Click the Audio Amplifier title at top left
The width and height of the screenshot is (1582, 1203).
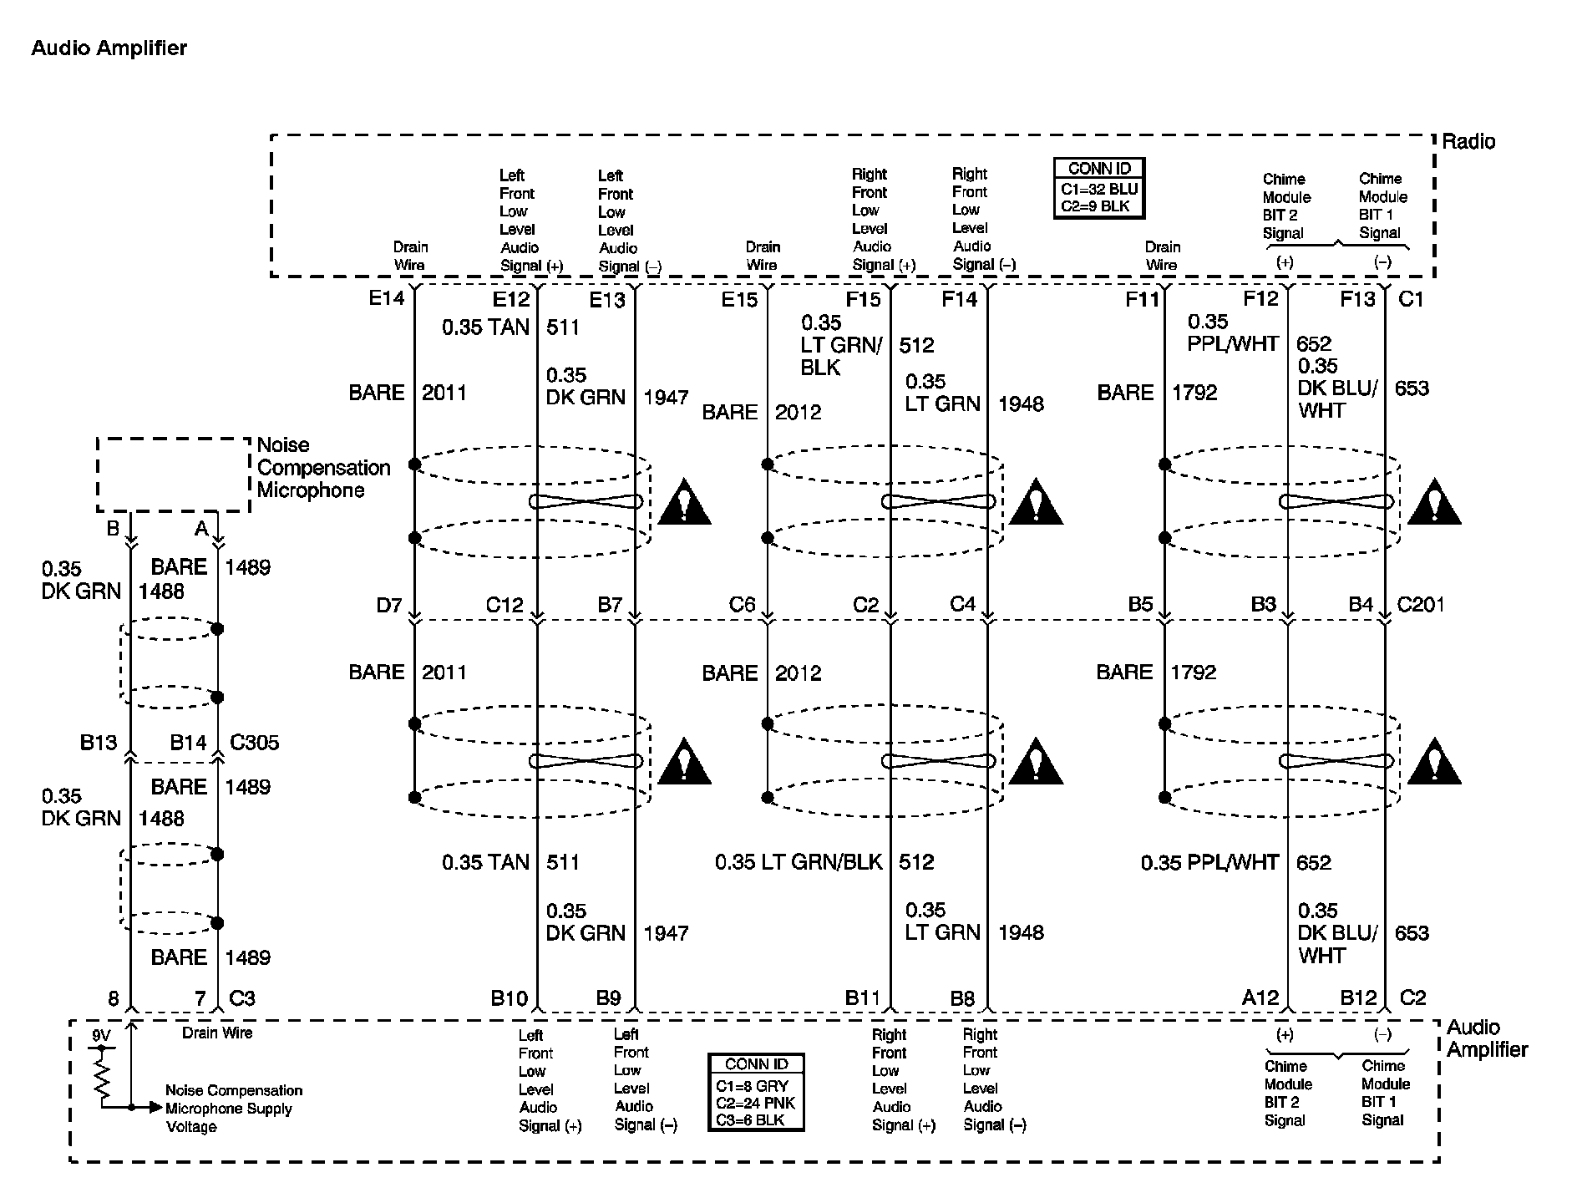tap(109, 48)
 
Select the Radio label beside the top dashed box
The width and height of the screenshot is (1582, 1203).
tap(1468, 141)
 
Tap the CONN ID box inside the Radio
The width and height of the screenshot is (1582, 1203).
tap(1098, 188)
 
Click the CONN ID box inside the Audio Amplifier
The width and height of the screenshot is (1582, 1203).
tap(756, 1092)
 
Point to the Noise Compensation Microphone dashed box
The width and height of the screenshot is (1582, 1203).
tap(173, 474)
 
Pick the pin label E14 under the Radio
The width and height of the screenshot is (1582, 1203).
tap(387, 298)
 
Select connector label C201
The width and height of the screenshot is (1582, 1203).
tap(1421, 604)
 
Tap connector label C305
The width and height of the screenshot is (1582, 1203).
tap(255, 743)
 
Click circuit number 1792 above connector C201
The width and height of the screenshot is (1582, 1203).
tap(1194, 393)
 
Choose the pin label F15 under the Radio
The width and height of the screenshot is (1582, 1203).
tap(863, 299)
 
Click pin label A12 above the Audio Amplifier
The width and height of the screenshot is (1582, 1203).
tap(1260, 997)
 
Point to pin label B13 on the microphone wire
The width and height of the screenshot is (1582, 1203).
tap(99, 743)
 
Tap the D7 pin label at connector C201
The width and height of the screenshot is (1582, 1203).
tap(389, 605)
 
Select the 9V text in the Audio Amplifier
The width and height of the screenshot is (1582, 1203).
tap(101, 1036)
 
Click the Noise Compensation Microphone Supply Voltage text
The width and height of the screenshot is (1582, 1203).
tap(233, 1109)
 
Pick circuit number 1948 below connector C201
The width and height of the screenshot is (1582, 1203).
tap(1021, 932)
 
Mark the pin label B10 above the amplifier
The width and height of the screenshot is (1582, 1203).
tap(509, 997)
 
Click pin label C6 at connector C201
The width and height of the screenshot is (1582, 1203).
tap(742, 605)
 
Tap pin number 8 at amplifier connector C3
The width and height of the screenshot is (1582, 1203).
tap(114, 997)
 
